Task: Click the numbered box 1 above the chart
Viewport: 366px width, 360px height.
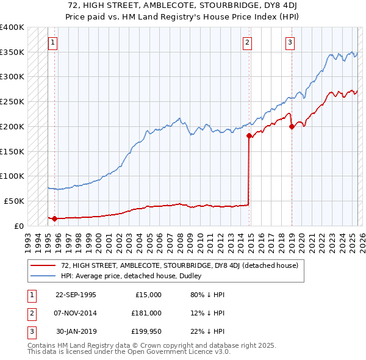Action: tap(53, 43)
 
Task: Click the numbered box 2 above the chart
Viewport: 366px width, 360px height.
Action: tap(247, 43)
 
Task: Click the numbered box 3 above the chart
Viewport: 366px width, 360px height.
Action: tap(289, 43)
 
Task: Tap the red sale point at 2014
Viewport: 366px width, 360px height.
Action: tap(249, 136)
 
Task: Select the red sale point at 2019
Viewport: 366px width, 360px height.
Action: tap(292, 127)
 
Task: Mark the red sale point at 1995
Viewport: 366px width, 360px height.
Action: tap(55, 218)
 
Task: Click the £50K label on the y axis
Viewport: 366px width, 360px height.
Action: tap(13, 201)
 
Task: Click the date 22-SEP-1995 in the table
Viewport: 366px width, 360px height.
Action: tap(76, 294)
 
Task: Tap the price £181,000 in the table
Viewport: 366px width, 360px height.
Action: tap(146, 313)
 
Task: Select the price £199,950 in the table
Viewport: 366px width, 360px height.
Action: tap(146, 331)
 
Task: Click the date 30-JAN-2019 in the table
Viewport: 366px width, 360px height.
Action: tap(76, 331)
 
